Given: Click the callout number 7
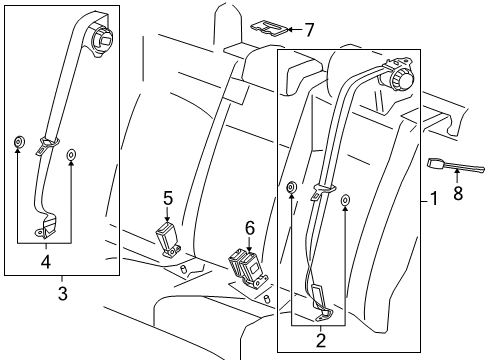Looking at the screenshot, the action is point(310,30).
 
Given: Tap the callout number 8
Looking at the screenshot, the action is point(458,193).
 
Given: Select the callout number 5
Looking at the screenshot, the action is point(168,198).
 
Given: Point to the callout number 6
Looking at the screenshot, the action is point(250,228).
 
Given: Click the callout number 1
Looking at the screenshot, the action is point(434,199).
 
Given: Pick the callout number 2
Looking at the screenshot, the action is point(320,341).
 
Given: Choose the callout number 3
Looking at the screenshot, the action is point(63,294).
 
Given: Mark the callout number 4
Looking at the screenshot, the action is point(46,262).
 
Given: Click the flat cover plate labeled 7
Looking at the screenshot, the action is point(269,28).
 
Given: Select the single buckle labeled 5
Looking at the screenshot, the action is point(168,240).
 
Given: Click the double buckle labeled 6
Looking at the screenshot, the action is point(247,269).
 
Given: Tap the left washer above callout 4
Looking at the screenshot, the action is point(18,142).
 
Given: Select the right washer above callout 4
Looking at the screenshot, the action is point(71,155).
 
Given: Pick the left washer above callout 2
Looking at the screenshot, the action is point(292,187).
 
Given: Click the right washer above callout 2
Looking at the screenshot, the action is point(345,200).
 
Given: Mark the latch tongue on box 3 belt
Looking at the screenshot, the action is point(46,145).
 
